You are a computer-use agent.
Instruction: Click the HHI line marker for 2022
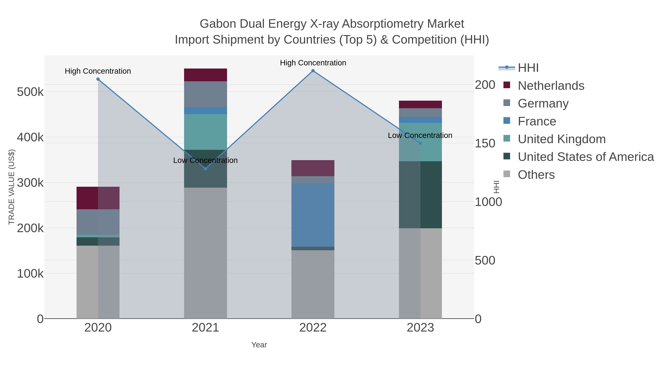[x=313, y=71]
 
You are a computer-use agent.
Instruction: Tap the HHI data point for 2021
[x=205, y=169]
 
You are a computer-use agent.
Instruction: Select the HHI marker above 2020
[x=98, y=79]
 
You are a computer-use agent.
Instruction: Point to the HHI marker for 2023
[x=420, y=143]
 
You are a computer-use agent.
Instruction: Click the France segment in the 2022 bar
[x=313, y=215]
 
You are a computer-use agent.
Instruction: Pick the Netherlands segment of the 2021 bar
[x=205, y=75]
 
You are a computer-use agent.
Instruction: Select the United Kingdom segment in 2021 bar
[x=205, y=132]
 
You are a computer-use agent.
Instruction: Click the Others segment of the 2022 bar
[x=313, y=284]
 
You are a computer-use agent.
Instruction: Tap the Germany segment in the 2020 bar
[x=98, y=222]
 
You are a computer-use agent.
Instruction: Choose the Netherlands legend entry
[x=551, y=86]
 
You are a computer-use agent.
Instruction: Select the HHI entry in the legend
[x=528, y=68]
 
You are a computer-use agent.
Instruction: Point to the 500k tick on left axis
[x=30, y=92]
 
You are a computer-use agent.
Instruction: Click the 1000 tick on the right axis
[x=488, y=202]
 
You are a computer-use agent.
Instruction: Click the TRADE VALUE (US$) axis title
[x=12, y=187]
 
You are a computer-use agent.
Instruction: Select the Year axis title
[x=259, y=345]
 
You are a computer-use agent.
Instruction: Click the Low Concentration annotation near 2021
[x=205, y=160]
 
